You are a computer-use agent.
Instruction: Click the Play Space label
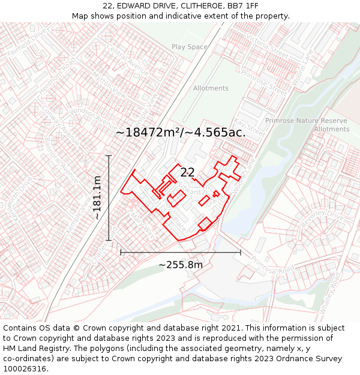click(x=190, y=47)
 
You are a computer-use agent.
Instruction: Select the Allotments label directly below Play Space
click(x=211, y=88)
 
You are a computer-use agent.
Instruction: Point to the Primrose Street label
click(x=264, y=82)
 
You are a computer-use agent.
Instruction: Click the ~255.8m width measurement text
click(x=181, y=265)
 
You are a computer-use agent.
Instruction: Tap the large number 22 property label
click(x=187, y=172)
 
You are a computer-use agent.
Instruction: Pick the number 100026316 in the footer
click(x=24, y=368)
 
